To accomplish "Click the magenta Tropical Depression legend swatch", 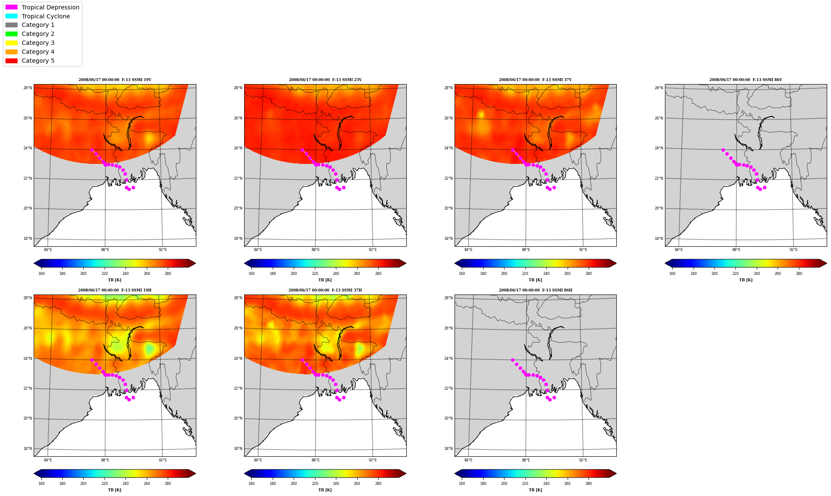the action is (x=12, y=7).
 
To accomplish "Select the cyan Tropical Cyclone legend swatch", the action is (x=12, y=16).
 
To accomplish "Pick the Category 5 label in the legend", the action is (x=38, y=61).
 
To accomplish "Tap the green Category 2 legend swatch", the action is (x=12, y=34).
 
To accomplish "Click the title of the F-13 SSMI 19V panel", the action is (x=115, y=80).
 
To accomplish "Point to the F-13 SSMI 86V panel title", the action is (x=746, y=80).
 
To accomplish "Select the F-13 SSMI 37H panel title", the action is (x=325, y=290).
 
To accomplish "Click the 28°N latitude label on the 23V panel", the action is (x=238, y=88).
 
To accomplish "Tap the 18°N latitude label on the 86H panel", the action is (x=448, y=449).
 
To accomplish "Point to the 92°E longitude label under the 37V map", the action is (x=583, y=250).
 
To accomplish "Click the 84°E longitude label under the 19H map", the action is (x=48, y=460).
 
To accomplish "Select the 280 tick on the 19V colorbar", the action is (x=168, y=274).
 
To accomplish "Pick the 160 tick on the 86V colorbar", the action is (x=672, y=274).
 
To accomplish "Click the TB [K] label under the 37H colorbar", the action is (x=325, y=490).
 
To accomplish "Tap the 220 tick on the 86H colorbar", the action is (x=525, y=484).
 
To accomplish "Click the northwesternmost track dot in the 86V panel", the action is (x=723, y=150).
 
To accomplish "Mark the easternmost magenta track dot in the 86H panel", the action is (x=554, y=397).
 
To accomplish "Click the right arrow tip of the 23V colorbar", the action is (x=406, y=263).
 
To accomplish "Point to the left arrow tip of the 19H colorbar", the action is (x=34, y=473).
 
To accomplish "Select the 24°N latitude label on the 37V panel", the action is (x=448, y=148).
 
